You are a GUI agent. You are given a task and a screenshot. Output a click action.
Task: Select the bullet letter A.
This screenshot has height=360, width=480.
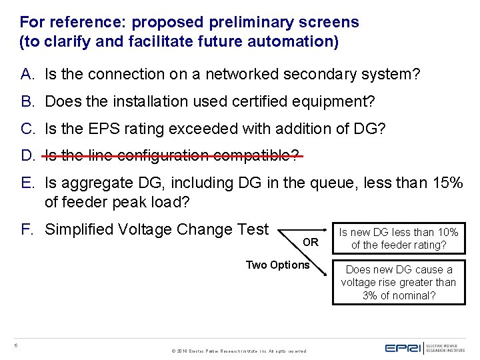tap(27, 74)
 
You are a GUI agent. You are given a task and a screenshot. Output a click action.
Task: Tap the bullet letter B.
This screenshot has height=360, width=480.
tap(27, 101)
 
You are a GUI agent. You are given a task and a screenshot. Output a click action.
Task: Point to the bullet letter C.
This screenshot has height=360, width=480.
tap(27, 129)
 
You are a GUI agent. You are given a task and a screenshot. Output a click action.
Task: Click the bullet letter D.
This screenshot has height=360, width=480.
tap(27, 156)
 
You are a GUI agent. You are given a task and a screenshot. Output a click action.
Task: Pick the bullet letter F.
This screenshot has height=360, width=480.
tap(27, 229)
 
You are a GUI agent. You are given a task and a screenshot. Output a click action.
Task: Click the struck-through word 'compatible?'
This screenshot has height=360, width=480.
tap(255, 156)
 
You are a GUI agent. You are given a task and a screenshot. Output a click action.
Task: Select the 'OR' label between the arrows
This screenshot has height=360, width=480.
tap(311, 242)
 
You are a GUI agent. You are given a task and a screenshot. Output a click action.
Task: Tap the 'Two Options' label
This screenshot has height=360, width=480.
tap(277, 265)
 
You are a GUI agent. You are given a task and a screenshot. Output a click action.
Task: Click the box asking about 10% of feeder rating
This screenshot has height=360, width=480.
tap(399, 239)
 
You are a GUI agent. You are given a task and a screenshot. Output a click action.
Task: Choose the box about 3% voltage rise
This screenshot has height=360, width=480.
tap(399, 283)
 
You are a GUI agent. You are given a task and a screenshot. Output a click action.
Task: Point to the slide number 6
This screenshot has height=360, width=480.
tap(15, 345)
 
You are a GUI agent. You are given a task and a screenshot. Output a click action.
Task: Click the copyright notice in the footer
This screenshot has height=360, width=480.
tap(239, 350)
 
